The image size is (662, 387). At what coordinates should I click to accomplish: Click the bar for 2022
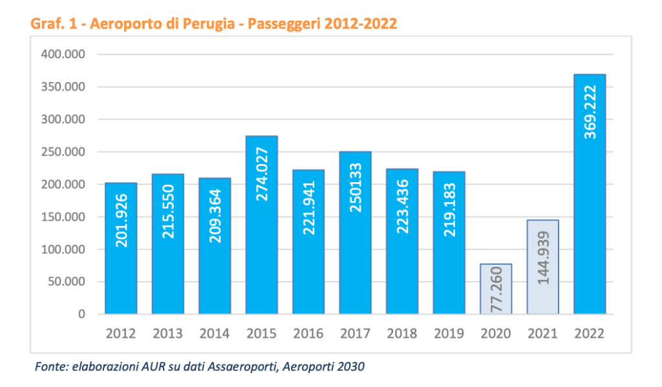point(590,194)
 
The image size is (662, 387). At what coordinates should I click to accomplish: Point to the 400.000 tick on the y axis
point(63,54)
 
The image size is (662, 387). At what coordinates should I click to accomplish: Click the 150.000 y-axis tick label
point(63,217)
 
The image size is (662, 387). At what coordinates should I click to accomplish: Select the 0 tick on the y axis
point(81,315)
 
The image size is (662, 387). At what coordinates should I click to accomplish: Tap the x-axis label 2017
point(355,334)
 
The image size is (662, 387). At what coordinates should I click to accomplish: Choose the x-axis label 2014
point(215,334)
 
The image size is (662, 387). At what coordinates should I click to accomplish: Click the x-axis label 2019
point(449,334)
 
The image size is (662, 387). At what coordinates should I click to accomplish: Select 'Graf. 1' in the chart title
point(55,25)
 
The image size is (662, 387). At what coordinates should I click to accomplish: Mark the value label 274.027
point(262,174)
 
